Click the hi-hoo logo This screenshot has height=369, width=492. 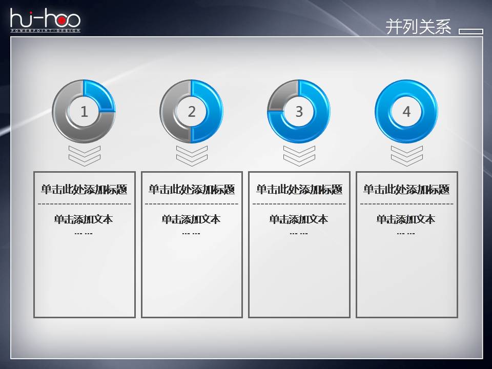(45, 21)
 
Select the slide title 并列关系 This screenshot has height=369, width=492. (418, 27)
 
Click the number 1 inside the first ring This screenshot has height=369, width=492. (84, 111)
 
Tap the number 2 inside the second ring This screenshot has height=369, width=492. (192, 111)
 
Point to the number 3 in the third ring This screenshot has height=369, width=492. (299, 111)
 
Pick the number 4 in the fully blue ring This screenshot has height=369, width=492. (406, 111)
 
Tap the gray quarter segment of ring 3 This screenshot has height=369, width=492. (282, 95)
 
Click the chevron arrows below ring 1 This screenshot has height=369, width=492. (84, 155)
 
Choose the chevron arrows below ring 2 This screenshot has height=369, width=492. (192, 155)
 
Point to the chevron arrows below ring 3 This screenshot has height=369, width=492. (299, 155)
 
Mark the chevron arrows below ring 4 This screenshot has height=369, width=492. (406, 155)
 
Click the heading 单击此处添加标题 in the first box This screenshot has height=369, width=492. (84, 190)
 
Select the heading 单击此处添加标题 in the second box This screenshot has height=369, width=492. (192, 190)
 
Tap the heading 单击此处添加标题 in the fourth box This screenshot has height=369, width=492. (406, 190)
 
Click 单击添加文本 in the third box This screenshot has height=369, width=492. (299, 219)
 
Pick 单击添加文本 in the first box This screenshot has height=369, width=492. (84, 219)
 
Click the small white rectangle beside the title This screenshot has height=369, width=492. (470, 31)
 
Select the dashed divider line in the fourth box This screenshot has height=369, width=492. (406, 204)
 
